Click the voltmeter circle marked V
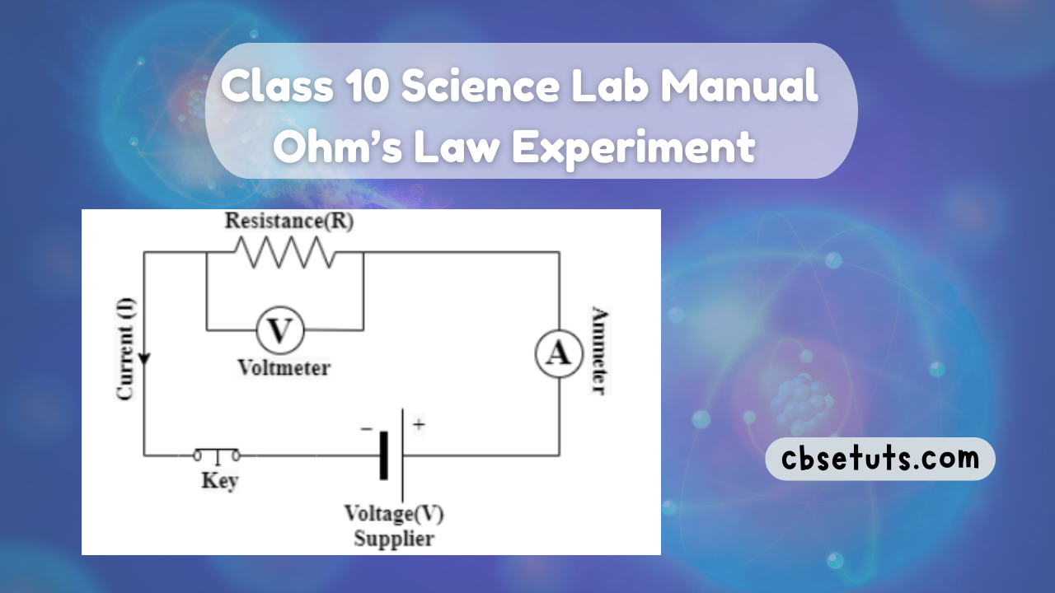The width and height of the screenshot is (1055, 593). coord(280,331)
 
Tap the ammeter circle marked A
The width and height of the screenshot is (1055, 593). coord(560,353)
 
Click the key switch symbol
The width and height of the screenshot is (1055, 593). coord(218,454)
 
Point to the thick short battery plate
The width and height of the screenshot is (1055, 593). coord(383,455)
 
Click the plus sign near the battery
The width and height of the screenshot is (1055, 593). coord(419,426)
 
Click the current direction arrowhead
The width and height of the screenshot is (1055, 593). coord(144,360)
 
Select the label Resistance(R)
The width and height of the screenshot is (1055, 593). coord(288,222)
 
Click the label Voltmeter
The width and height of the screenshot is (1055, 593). coord(283,367)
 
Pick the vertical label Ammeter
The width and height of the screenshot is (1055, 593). coord(600,352)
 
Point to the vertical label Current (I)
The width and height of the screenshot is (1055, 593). coord(125,348)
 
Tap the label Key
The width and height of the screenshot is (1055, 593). coord(218,480)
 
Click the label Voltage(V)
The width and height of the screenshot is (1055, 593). coord(393,515)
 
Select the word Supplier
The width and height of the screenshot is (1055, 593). coord(393,539)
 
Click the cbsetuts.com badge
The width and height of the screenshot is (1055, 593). coord(879,459)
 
